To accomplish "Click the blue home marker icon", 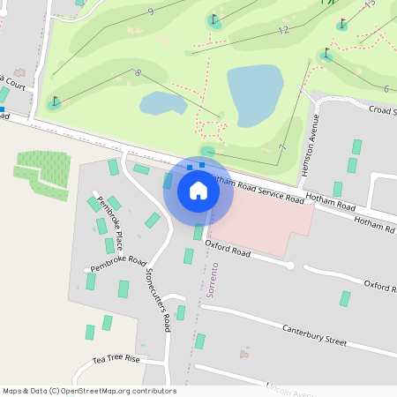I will click(198, 190).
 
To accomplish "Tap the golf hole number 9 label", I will click(151, 11).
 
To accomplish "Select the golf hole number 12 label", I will click(283, 30).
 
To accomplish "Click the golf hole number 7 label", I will click(281, 147).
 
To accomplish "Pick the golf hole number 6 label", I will click(386, 88).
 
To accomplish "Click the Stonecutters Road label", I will click(158, 300).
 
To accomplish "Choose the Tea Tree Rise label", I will click(116, 360).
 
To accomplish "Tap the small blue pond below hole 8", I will click(162, 104).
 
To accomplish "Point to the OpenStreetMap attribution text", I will click(89, 391).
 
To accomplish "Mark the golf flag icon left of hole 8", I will click(55, 101).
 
